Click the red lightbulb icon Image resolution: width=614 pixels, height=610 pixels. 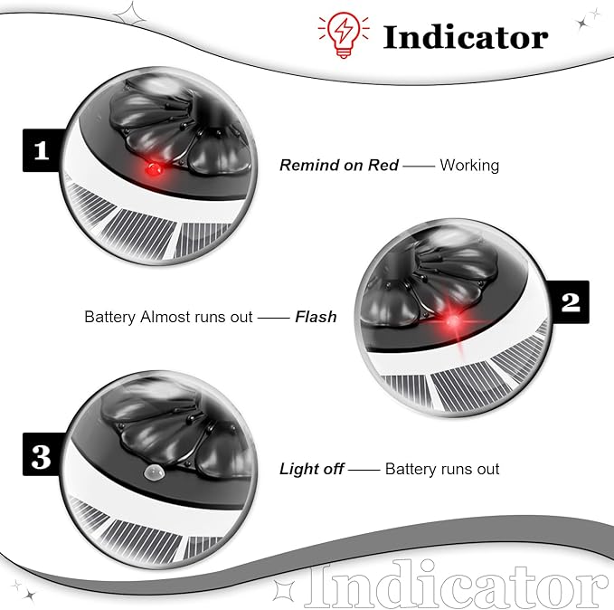(344, 35)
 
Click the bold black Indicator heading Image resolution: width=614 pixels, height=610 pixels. (465, 38)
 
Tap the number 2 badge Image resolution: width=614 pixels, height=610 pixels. (570, 302)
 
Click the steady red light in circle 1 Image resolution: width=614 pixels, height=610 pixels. (153, 170)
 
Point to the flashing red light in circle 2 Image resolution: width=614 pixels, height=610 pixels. (453, 321)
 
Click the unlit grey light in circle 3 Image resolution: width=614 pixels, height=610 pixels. (153, 472)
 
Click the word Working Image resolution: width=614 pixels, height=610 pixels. (469, 165)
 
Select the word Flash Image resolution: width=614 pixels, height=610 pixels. (316, 317)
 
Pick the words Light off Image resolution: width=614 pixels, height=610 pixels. (312, 469)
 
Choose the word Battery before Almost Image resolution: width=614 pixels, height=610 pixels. (110, 317)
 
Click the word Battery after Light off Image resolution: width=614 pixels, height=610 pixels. (411, 469)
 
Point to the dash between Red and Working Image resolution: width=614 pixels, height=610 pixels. (419, 167)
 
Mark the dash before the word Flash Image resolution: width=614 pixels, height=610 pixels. (274, 318)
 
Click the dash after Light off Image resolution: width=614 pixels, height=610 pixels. (364, 470)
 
